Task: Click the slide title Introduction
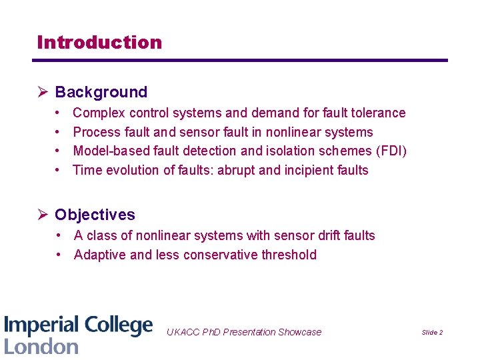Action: click(x=99, y=42)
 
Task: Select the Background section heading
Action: click(x=101, y=92)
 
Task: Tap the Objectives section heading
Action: click(x=95, y=215)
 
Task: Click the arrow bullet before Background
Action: click(x=43, y=92)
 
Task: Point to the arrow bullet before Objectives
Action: click(x=43, y=215)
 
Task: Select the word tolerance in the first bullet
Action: click(x=379, y=113)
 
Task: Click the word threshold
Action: click(x=289, y=255)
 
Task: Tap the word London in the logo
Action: click(x=41, y=346)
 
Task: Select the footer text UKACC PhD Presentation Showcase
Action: click(x=243, y=332)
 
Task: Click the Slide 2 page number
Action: click(x=432, y=332)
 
